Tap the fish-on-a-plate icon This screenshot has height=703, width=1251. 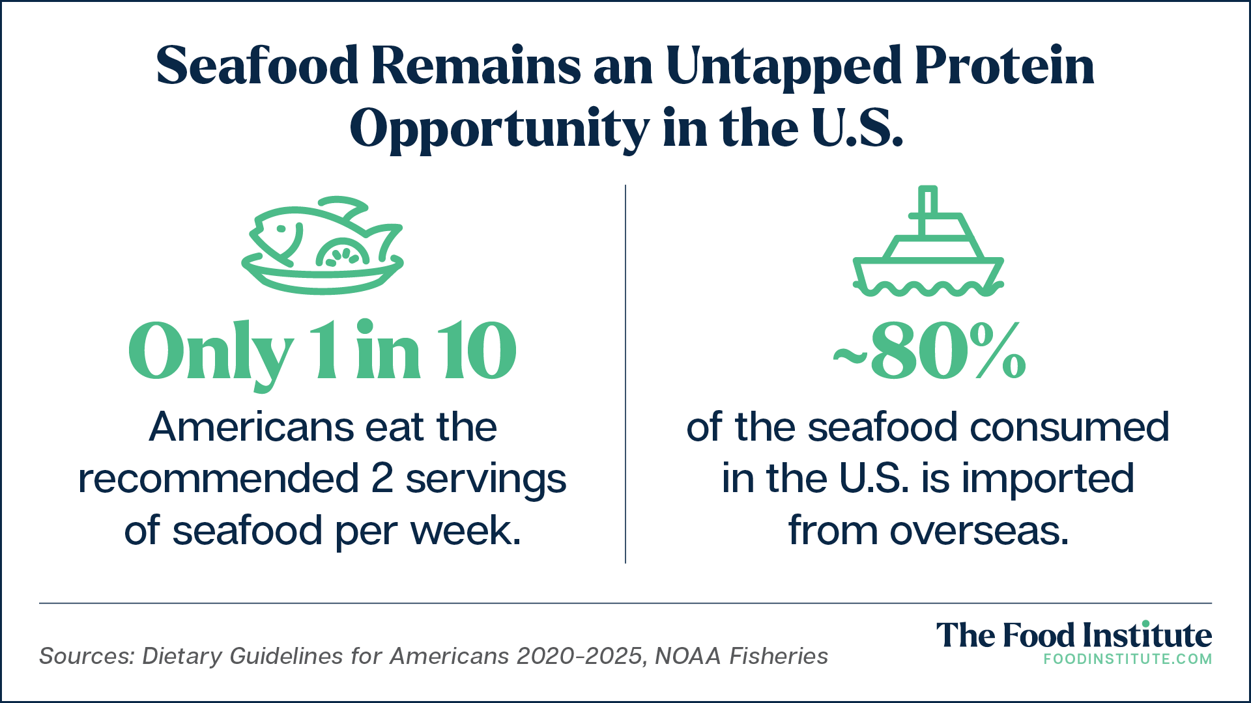point(323,245)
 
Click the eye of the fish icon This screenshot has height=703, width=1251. point(281,229)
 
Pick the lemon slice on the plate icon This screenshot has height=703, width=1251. point(341,253)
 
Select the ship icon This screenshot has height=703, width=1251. point(928,241)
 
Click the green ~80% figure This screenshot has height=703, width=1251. point(929,351)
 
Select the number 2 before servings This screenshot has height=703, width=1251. point(382,479)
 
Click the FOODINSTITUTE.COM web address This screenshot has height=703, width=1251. point(1128,659)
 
